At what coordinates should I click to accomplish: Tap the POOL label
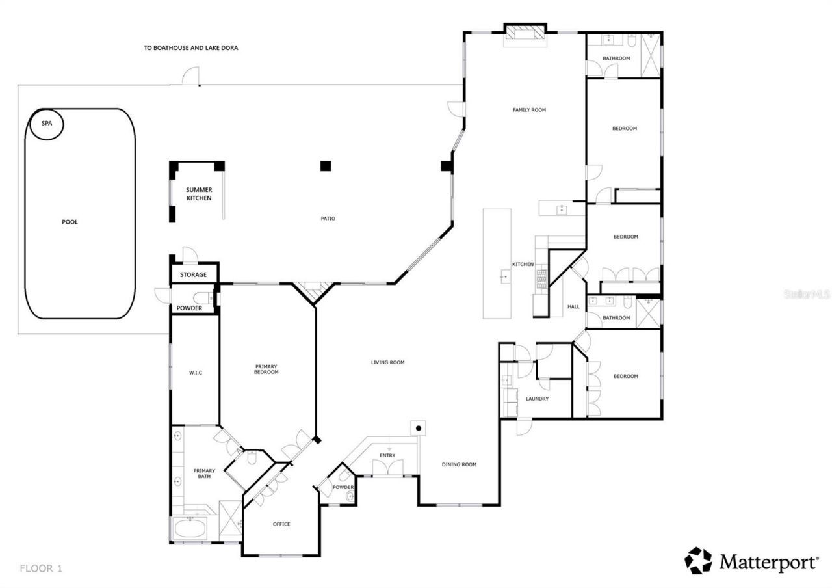click(70, 222)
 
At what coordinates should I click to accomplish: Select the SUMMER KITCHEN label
click(199, 194)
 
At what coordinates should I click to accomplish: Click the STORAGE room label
click(193, 275)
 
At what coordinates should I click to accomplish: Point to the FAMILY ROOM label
click(529, 110)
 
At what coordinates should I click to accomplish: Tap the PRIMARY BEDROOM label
click(266, 369)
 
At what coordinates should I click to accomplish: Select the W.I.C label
click(196, 373)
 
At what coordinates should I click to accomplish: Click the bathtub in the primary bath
click(189, 528)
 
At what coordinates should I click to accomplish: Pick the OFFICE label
click(281, 524)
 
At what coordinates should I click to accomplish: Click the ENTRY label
click(387, 455)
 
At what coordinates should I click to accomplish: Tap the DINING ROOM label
click(459, 464)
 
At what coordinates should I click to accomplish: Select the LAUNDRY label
click(537, 399)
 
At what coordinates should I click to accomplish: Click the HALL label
click(573, 307)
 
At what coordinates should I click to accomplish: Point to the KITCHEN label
click(523, 265)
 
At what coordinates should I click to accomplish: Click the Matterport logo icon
click(698, 561)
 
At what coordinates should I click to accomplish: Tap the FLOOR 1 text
click(41, 568)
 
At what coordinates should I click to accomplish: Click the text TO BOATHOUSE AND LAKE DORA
click(190, 48)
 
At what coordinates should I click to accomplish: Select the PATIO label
click(328, 219)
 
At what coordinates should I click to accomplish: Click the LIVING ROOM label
click(387, 362)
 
